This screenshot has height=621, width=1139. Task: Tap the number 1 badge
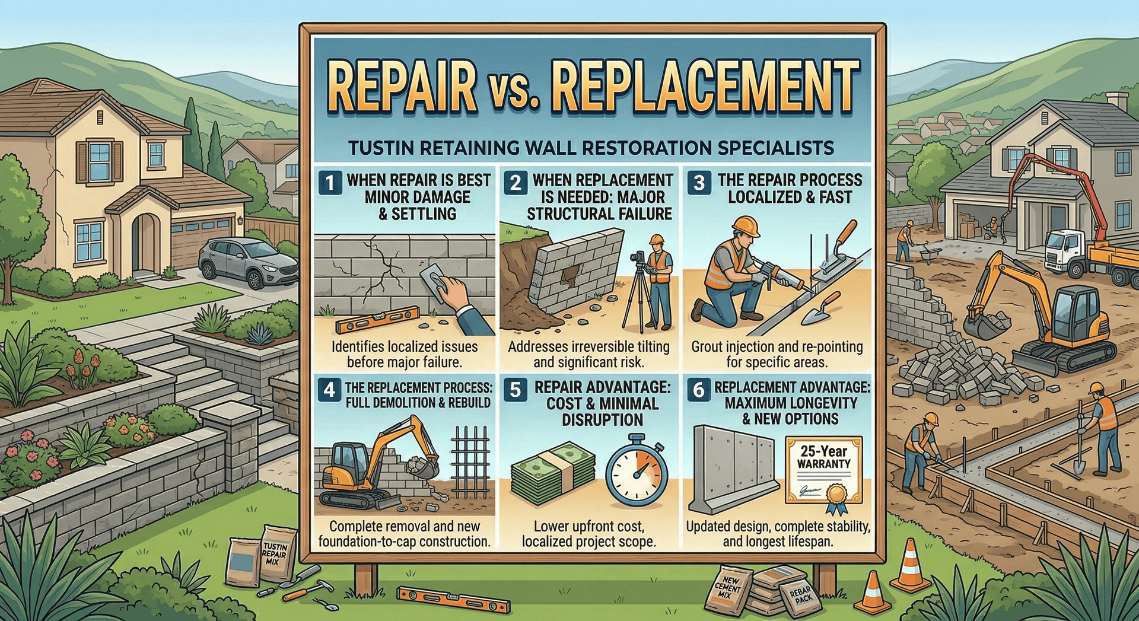click(x=330, y=183)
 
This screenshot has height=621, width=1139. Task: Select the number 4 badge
click(x=329, y=390)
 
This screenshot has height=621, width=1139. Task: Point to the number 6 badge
click(x=699, y=390)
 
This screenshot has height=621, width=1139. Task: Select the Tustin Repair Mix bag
click(x=275, y=558)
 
